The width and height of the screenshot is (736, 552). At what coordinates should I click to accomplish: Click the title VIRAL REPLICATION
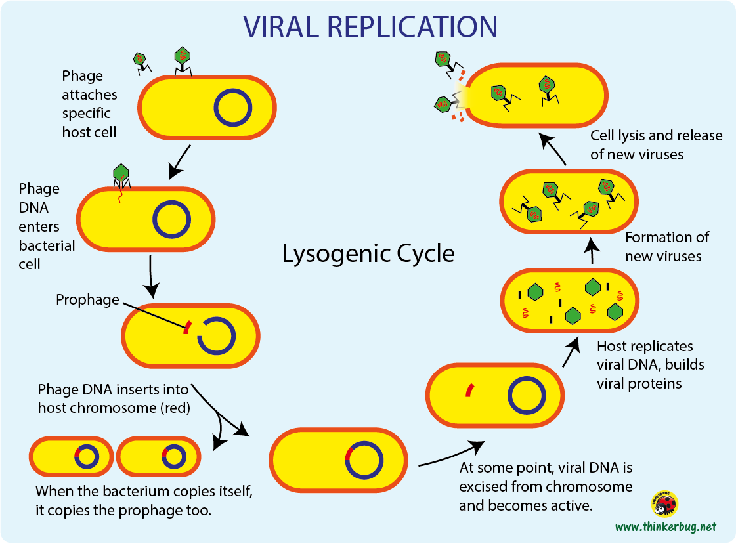370,27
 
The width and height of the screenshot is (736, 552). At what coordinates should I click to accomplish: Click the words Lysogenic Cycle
368,254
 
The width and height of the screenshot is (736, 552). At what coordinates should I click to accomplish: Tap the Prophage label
87,300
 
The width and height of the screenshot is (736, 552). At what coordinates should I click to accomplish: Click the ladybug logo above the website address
664,504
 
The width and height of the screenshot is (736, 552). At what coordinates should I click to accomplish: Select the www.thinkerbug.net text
665,527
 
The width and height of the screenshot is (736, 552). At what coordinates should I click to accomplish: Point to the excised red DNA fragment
469,391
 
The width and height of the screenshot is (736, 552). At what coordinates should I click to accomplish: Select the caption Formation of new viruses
666,247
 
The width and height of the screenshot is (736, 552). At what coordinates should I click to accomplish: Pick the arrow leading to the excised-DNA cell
450,456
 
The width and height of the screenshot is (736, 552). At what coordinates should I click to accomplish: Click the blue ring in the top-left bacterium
232,108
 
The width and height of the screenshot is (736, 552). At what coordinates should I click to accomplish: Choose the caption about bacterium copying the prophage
144,500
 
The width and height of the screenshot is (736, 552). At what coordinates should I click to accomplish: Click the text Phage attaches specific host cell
89,104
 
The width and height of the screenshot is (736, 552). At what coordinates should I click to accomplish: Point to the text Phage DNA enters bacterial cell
47,226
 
